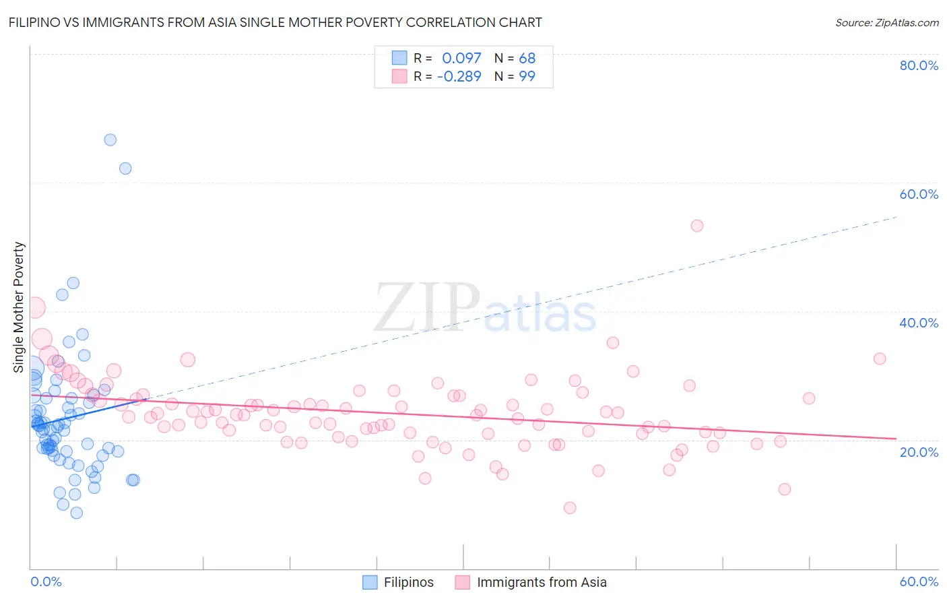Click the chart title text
275,23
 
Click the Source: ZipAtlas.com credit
886,23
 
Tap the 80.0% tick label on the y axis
919,65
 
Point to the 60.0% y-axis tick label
919,194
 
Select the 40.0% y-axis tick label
919,323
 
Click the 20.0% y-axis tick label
919,452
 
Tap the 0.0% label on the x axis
46,581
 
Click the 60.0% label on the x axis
919,581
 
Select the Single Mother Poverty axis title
19,307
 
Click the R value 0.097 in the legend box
461,59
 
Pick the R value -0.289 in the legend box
459,77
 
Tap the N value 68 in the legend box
527,59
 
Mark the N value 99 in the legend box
527,77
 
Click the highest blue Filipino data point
110,140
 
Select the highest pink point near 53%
697,226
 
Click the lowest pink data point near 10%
570,508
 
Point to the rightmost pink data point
880,358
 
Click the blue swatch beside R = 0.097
399,58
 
